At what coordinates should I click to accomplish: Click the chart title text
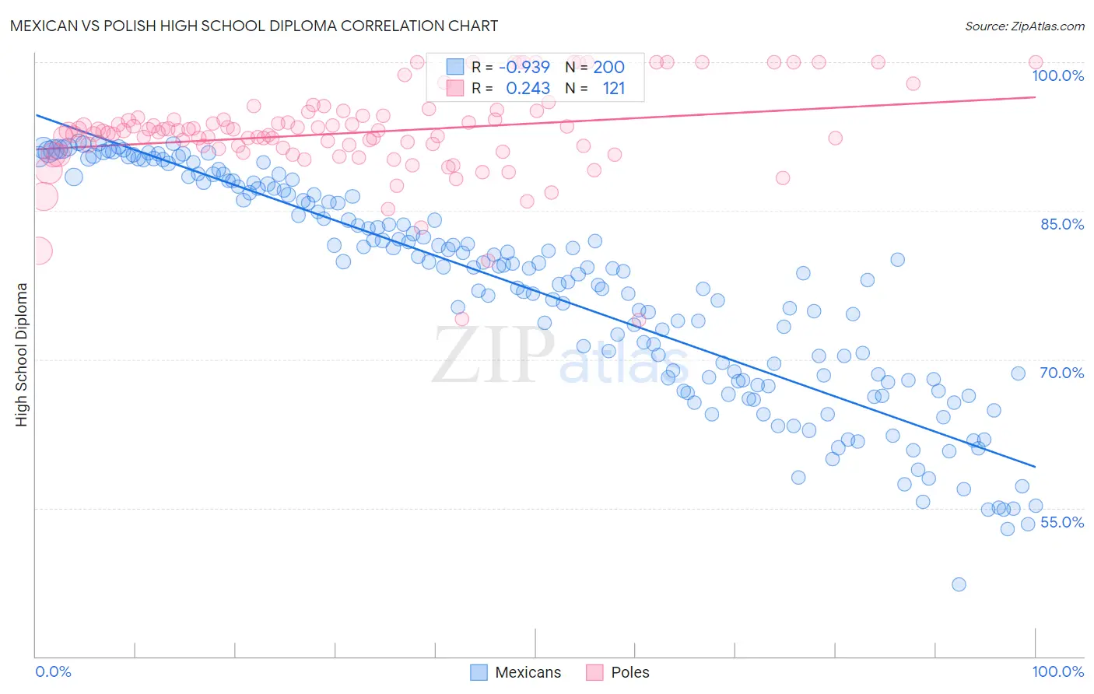tap(254, 26)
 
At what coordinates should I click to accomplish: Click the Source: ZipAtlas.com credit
tap(1024, 26)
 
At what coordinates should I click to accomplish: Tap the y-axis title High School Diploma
tap(22, 355)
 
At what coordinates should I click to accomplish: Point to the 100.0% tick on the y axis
tap(1057, 75)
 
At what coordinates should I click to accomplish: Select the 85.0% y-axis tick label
tap(1062, 224)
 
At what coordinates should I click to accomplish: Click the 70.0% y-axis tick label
tap(1062, 373)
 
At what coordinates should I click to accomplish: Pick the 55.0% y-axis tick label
tap(1062, 522)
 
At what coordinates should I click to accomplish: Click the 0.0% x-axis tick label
tap(53, 671)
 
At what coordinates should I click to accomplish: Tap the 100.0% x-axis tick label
tap(1057, 671)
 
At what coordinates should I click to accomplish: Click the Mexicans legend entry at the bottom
tap(517, 672)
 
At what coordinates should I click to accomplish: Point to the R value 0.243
tap(528, 89)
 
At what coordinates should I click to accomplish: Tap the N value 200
tap(608, 67)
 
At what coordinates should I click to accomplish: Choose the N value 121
tap(613, 89)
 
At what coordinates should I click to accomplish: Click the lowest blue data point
tap(959, 584)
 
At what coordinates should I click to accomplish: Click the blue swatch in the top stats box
tap(455, 67)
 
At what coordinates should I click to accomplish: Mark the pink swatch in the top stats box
tap(455, 89)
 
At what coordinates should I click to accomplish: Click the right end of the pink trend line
tap(1036, 97)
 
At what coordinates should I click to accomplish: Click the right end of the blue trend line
tap(1036, 467)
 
